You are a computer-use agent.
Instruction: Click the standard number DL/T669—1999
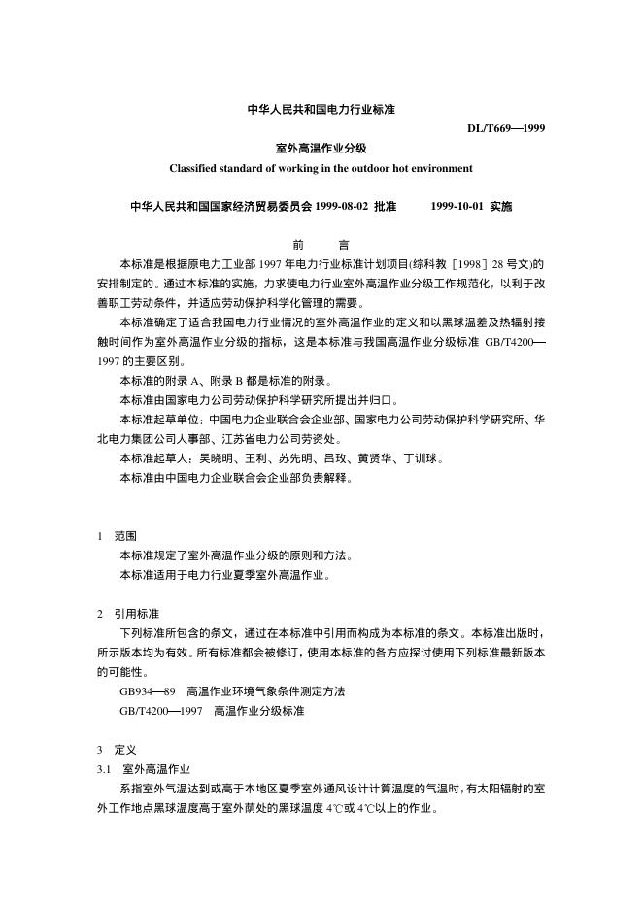tap(505, 127)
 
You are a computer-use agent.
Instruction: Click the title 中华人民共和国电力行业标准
tap(321, 110)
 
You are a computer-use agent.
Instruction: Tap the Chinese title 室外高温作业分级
tap(321, 149)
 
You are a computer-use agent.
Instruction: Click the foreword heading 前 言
tap(321, 246)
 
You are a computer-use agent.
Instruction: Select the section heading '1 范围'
tap(118, 536)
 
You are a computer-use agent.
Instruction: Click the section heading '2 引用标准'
tap(128, 614)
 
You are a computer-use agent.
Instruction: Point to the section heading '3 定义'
tap(118, 750)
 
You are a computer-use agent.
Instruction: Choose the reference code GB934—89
tap(147, 691)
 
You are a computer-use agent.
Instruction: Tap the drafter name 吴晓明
tap(218, 458)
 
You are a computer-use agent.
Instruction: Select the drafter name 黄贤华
tap(381, 458)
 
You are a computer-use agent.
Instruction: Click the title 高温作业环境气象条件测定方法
tap(265, 691)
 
